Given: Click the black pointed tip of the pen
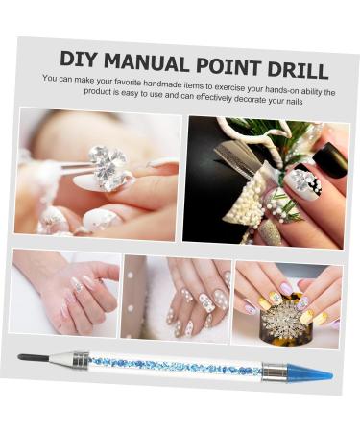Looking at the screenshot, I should [x=33, y=358].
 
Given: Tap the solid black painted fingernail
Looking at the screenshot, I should [x=329, y=158].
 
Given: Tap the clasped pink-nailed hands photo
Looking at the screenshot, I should [x=64, y=293].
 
